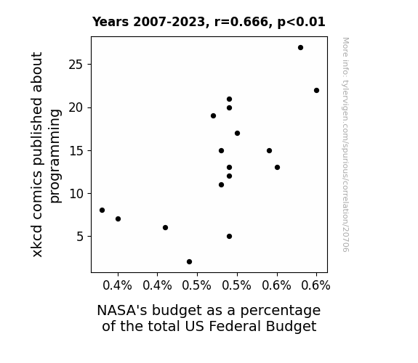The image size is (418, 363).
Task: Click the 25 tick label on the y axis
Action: (x=76, y=65)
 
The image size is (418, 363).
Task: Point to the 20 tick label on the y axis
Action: (x=76, y=108)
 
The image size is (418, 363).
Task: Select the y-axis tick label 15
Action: (x=76, y=151)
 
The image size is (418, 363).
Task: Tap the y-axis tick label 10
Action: (x=76, y=194)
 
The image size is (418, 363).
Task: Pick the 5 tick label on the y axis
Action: (x=80, y=237)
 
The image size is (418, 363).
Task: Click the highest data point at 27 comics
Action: (x=300, y=48)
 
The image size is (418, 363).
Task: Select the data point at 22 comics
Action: (x=316, y=91)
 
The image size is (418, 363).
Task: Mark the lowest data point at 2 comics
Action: (x=189, y=262)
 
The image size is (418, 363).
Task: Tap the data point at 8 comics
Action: (x=102, y=210)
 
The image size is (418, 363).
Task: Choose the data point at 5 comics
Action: (x=229, y=236)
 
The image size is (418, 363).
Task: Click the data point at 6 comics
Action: (x=165, y=228)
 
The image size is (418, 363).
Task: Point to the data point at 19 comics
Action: (x=213, y=116)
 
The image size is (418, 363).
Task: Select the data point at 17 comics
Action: (x=237, y=133)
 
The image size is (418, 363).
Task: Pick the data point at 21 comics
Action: (x=229, y=99)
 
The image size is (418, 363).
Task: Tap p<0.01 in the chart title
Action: (x=302, y=23)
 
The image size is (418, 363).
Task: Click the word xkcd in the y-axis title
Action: (x=37, y=241)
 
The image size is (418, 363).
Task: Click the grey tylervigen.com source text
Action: (x=346, y=145)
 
